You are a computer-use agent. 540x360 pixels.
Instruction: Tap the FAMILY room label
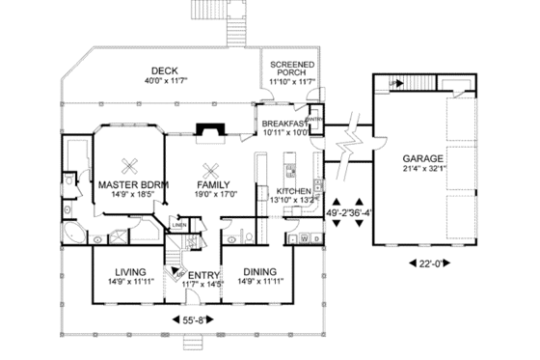pyautogui.click(x=211, y=183)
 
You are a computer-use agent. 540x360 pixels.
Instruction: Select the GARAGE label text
pyautogui.click(x=422, y=158)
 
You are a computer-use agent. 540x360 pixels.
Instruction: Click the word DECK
pyautogui.click(x=163, y=69)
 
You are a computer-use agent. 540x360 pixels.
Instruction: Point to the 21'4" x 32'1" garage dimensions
pyautogui.click(x=422, y=170)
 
